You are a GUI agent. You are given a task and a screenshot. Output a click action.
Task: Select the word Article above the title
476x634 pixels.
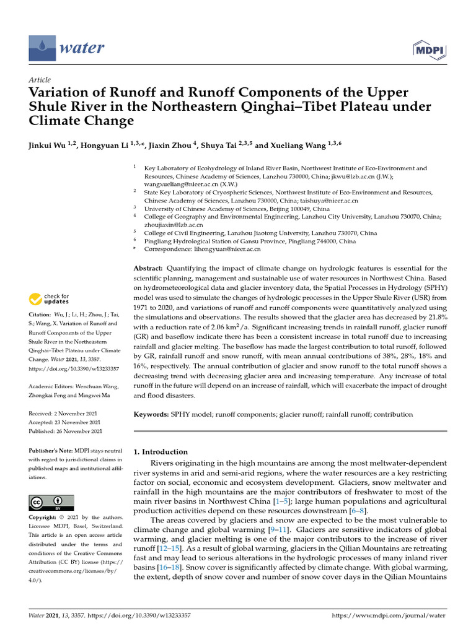click(x=39, y=80)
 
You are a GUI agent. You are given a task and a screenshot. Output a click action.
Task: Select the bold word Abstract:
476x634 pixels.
click(x=149, y=269)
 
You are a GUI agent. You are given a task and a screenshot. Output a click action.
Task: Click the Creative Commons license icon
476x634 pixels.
click(x=51, y=502)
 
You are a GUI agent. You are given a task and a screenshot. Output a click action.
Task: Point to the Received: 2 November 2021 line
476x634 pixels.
click(x=65, y=413)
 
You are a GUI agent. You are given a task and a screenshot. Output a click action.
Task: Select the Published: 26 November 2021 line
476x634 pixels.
click(x=66, y=431)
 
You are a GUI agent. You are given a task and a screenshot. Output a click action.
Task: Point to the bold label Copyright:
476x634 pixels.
click(x=45, y=517)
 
